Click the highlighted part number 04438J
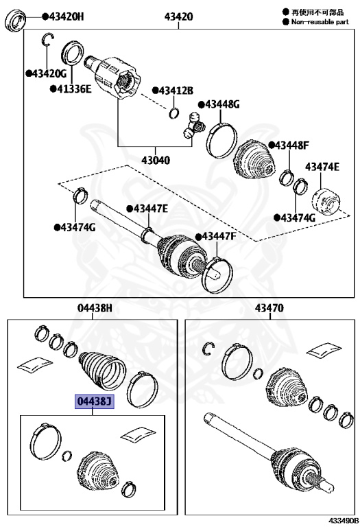pyautogui.click(x=95, y=401)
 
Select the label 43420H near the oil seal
pyautogui.click(x=66, y=16)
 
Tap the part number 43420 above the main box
pyautogui.click(x=179, y=16)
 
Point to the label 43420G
pyautogui.click(x=49, y=73)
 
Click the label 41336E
pyautogui.click(x=74, y=89)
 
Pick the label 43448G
pyautogui.click(x=222, y=104)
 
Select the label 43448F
pyautogui.click(x=292, y=145)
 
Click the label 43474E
pyautogui.click(x=322, y=166)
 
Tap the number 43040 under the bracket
pyautogui.click(x=156, y=160)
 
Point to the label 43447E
pyautogui.click(x=149, y=209)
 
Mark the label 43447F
pyautogui.click(x=219, y=236)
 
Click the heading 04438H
pyautogui.click(x=95, y=308)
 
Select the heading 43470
pyautogui.click(x=269, y=308)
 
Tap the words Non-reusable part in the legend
pyautogui.click(x=320, y=22)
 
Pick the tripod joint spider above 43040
pyautogui.click(x=194, y=126)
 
